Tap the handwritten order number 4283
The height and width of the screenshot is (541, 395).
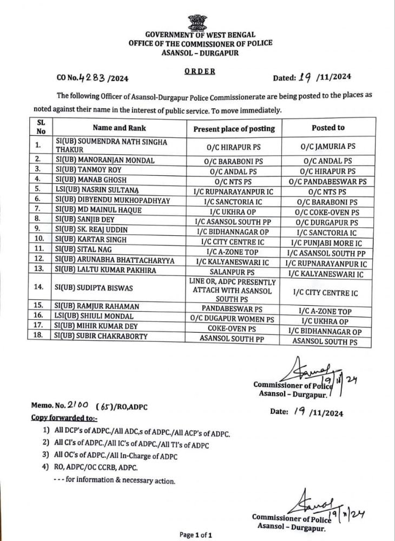pos(93,77)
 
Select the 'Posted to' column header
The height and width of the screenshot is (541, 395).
pos(328,128)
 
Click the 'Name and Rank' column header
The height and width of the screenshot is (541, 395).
pos(119,128)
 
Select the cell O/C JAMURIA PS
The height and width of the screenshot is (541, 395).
pos(328,146)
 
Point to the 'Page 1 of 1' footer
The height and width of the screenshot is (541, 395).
pos(195,535)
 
